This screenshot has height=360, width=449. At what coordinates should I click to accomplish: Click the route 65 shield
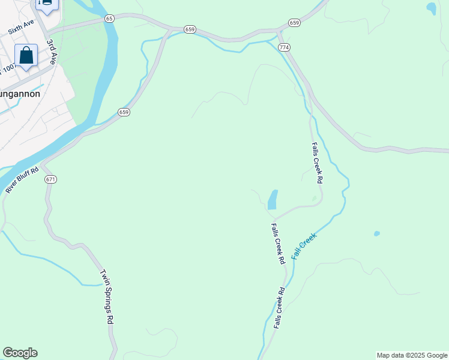point(109,19)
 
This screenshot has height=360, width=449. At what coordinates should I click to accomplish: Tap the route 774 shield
point(284,47)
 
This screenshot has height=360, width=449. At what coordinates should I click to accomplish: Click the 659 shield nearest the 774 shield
point(294,23)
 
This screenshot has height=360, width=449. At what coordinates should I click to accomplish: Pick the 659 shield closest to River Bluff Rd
point(124,112)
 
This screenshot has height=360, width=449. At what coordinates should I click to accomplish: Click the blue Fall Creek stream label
point(304,246)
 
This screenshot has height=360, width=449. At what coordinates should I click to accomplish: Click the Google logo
point(20,353)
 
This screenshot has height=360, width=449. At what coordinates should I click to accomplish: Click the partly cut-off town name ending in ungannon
point(20,94)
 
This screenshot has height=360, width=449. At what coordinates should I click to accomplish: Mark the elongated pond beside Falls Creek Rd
point(273,199)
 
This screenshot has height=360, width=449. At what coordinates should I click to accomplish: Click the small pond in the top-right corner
point(431,8)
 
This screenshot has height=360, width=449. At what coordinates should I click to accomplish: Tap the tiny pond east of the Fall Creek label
point(376,233)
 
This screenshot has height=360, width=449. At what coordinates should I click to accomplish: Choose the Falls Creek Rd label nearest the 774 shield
point(318,163)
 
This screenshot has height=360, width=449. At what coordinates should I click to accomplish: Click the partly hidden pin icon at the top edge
point(46,4)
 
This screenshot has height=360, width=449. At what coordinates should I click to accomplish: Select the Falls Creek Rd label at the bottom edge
point(279,307)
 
